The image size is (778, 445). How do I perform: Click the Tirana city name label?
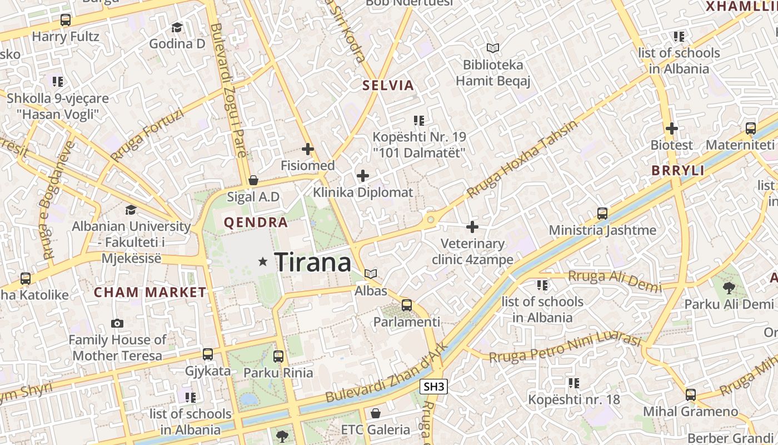coord(313,262)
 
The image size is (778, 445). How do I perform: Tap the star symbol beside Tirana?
coord(263,261)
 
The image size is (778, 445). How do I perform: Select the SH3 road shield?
coord(433,387)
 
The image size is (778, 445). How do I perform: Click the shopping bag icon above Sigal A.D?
coord(253,180)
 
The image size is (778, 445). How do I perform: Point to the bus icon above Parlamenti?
coord(407,305)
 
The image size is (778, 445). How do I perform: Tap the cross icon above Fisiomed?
coord(308,149)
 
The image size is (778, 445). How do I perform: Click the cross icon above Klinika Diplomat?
coord(363,176)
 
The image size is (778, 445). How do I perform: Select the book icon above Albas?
coord(371,274)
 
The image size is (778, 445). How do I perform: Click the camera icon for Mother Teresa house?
coord(117,323)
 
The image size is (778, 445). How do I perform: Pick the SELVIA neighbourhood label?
coord(388,86)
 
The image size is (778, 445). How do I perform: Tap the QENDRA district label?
coord(256,223)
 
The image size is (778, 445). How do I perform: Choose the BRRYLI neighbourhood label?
coord(678,171)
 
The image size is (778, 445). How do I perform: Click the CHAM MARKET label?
coord(150,292)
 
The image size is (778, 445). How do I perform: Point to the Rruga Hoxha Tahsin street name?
coord(522,160)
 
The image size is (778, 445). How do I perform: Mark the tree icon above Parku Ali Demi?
coord(729,288)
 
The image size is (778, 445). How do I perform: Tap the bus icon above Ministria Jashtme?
coord(602,213)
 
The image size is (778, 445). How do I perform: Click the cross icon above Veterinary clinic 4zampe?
coord(472,227)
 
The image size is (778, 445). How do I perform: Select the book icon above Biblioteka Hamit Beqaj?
coord(493,48)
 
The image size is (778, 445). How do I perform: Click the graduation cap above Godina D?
coord(177,27)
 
